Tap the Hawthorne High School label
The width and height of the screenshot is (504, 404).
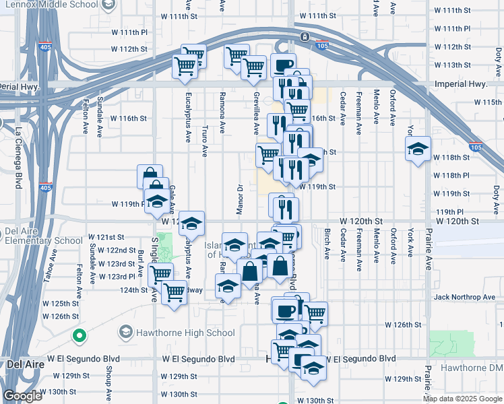point(177,333)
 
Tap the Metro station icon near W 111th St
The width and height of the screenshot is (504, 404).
point(305,36)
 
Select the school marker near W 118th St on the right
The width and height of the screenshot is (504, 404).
point(418,149)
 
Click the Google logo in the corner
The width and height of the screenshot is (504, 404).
point(22,396)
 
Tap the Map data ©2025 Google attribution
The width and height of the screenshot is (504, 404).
point(463,399)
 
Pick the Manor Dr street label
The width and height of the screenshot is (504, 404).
point(239,200)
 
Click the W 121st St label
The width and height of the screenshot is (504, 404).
point(111,238)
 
